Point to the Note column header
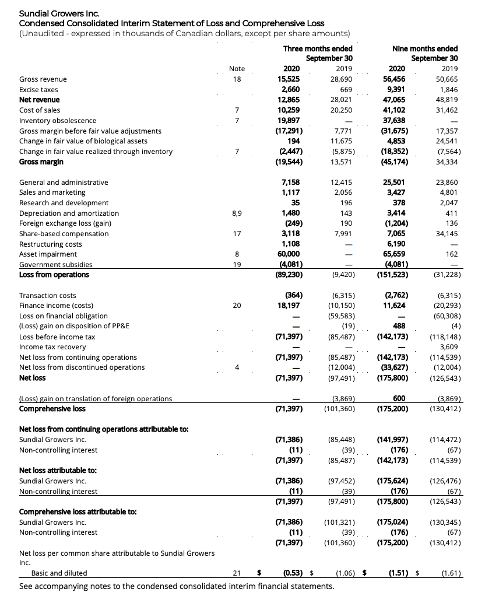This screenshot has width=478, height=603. [237, 69]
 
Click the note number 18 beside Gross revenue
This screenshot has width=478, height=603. [237, 79]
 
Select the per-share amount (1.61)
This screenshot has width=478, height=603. [452, 573]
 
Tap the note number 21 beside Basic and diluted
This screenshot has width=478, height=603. [237, 573]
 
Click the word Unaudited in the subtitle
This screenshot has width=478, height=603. [40, 33]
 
